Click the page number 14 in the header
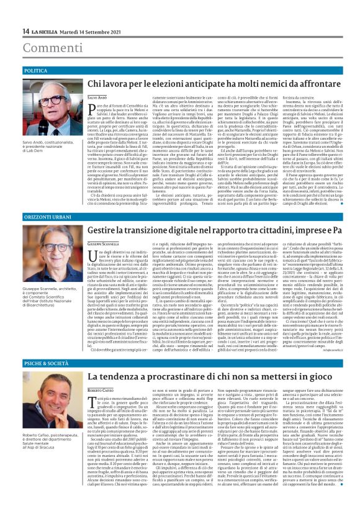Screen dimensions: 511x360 click(x=25, y=32)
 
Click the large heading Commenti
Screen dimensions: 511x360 click(x=44, y=48)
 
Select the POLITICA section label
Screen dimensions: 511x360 click(x=36, y=71)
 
